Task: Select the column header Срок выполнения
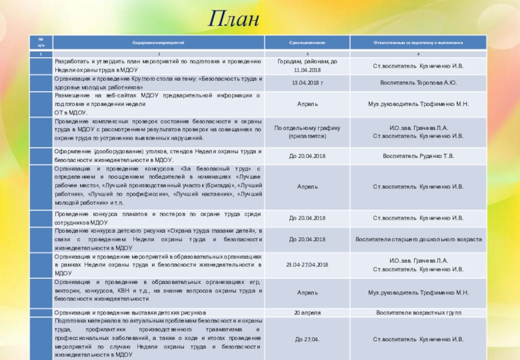click(307, 42)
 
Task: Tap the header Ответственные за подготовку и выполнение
click(418, 42)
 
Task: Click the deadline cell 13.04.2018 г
click(307, 83)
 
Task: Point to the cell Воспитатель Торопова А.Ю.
click(418, 83)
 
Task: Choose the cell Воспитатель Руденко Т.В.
click(418, 156)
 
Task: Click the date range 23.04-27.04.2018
click(307, 264)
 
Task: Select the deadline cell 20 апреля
click(307, 313)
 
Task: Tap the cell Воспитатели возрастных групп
click(418, 313)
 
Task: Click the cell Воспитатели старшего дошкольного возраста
click(418, 239)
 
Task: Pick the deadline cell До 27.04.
click(307, 339)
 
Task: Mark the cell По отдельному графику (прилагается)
click(307, 132)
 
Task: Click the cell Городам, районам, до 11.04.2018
click(307, 66)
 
